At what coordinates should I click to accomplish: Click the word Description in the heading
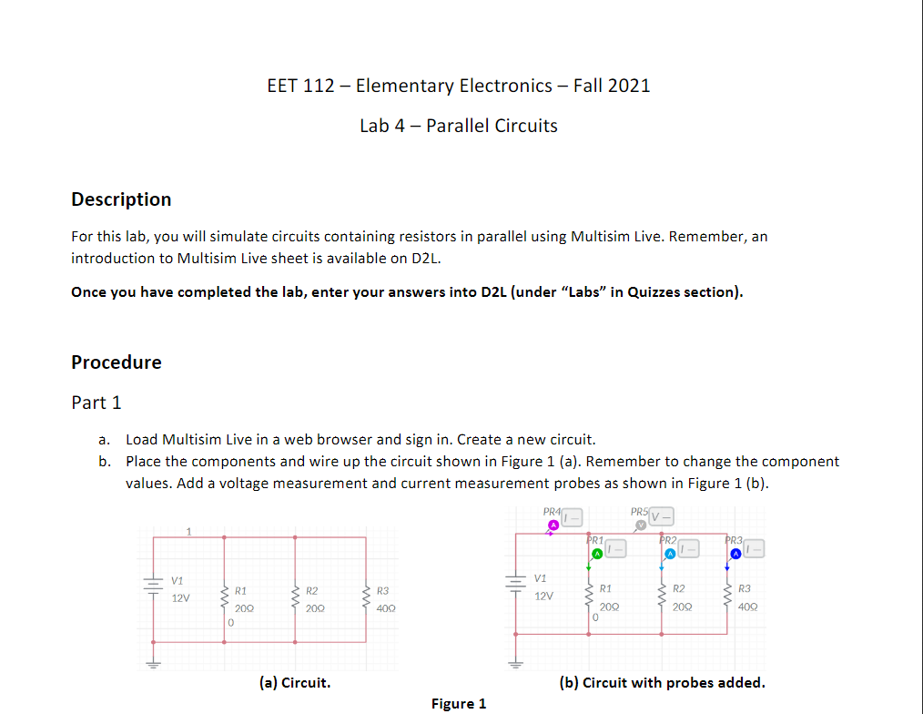pos(121,199)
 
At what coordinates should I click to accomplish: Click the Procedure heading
pos(117,362)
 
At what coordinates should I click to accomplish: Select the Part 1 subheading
pos(96,403)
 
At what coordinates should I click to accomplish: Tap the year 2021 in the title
pos(628,86)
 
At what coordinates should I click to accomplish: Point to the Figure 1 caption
pos(459,703)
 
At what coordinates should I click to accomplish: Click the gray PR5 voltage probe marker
pos(642,524)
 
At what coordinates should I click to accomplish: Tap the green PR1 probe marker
pos(596,553)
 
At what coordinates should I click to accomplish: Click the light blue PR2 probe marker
pos(669,553)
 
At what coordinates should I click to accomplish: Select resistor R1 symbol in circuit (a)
pos(223,599)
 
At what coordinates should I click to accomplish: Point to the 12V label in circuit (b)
pos(543,596)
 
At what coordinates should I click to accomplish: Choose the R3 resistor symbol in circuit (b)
pos(727,597)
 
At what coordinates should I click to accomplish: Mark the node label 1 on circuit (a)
pos(188,530)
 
